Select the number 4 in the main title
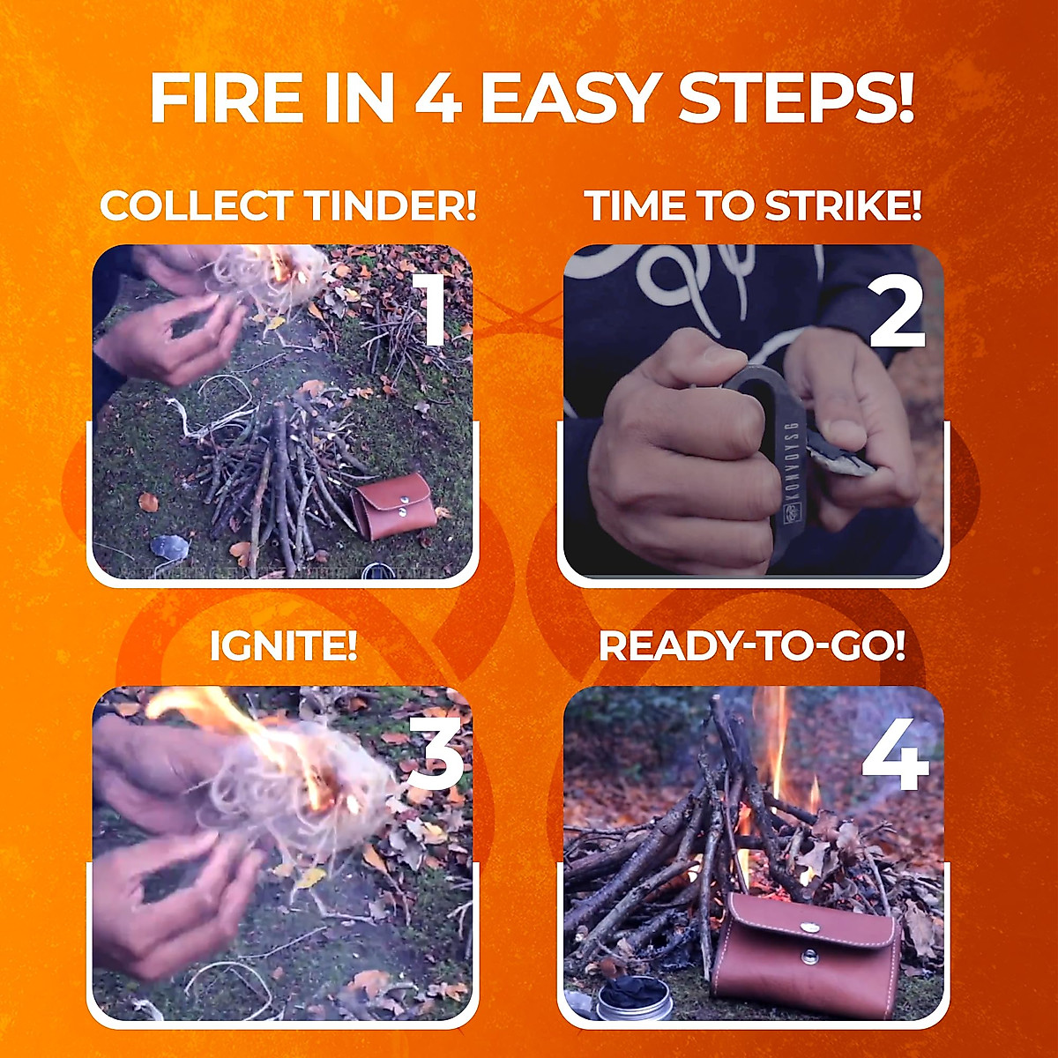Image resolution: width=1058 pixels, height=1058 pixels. [x=437, y=98]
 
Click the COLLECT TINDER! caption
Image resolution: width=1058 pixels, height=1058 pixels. [x=287, y=206]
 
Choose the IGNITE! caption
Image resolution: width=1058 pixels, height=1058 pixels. [x=283, y=646]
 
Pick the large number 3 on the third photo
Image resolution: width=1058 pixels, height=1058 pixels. [x=435, y=752]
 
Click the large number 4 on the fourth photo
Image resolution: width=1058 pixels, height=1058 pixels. [x=896, y=753]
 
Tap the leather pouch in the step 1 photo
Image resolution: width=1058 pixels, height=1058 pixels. [x=393, y=506]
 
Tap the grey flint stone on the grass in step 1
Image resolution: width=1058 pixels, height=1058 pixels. [x=169, y=547]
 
